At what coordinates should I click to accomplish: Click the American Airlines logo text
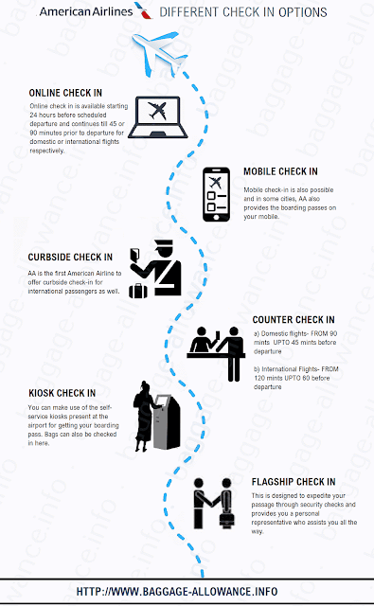click(86, 12)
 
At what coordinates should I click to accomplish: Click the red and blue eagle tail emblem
click(143, 10)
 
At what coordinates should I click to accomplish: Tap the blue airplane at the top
click(159, 53)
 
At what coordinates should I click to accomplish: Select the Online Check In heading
click(65, 93)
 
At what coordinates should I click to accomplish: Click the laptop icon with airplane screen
click(157, 117)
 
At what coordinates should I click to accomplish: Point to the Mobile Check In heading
click(280, 171)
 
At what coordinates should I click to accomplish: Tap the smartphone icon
click(217, 194)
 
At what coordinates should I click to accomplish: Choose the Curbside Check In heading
click(70, 257)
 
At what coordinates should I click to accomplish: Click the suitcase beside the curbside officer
click(138, 291)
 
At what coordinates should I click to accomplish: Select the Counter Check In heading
click(294, 320)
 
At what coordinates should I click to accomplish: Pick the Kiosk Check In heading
click(62, 393)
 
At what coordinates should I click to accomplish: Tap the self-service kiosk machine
click(167, 422)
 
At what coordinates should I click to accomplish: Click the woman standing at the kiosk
click(144, 417)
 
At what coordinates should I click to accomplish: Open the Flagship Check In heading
click(294, 482)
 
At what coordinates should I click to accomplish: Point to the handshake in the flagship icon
click(212, 503)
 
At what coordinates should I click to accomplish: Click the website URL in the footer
click(177, 591)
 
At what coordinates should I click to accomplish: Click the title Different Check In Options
click(243, 12)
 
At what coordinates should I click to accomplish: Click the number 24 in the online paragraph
click(33, 115)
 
